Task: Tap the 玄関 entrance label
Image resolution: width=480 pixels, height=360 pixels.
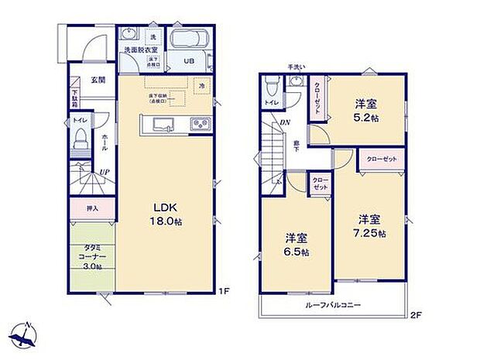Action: (97, 80)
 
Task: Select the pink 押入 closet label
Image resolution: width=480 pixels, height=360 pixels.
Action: (91, 207)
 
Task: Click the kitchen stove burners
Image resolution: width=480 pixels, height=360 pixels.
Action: (200, 125)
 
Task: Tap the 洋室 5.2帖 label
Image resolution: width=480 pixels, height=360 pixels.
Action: (366, 111)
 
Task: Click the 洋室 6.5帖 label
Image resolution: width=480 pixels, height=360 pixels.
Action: (297, 245)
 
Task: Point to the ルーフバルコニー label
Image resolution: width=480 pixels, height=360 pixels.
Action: (334, 306)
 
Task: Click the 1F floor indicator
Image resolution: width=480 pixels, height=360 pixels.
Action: (223, 291)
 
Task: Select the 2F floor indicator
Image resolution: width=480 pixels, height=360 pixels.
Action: (417, 315)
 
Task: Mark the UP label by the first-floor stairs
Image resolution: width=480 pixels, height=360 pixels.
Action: (102, 173)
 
